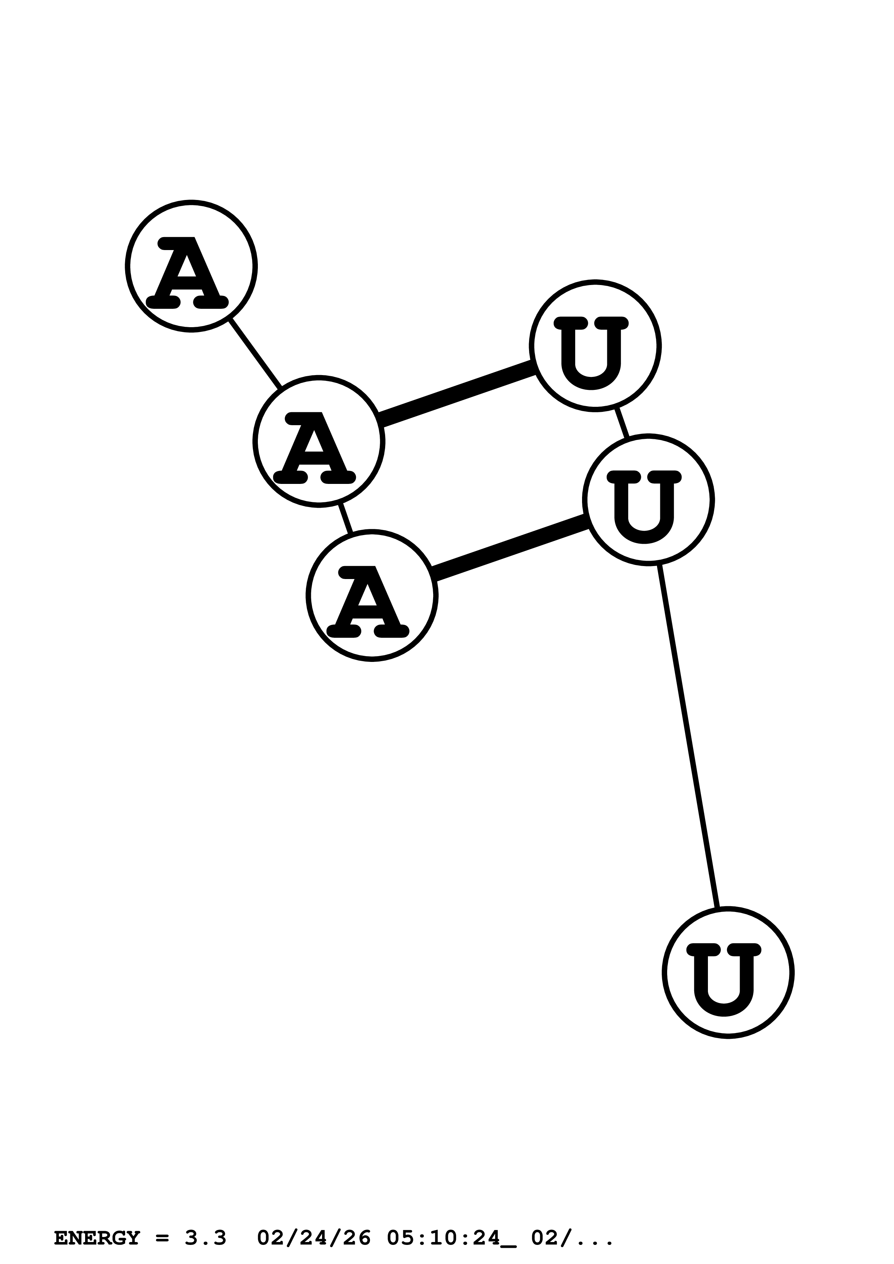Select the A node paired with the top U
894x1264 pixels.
coord(318,441)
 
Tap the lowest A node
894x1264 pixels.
coord(372,595)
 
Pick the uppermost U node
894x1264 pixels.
coord(595,346)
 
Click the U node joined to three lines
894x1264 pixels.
coord(648,499)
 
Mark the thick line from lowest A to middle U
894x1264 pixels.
coord(510,547)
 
